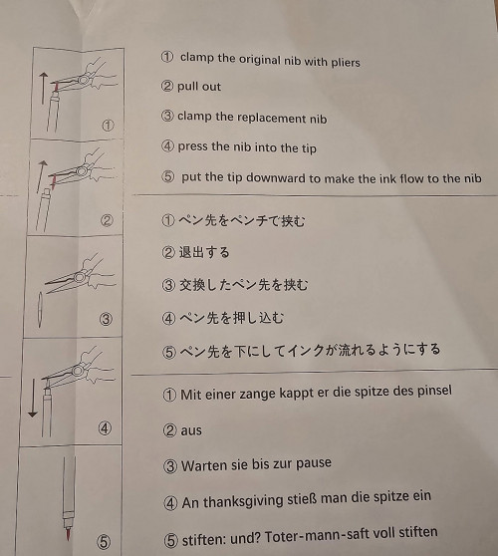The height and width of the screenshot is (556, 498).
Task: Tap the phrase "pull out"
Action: pos(199,88)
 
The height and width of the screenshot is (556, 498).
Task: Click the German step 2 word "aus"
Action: pos(191,430)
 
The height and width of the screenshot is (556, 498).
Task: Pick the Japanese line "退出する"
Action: pos(203,252)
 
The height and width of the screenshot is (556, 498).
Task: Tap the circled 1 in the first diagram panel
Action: pos(108,126)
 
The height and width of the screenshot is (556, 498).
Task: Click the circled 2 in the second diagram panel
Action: pos(107,221)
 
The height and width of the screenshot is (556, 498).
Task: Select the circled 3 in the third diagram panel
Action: pos(107,320)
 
